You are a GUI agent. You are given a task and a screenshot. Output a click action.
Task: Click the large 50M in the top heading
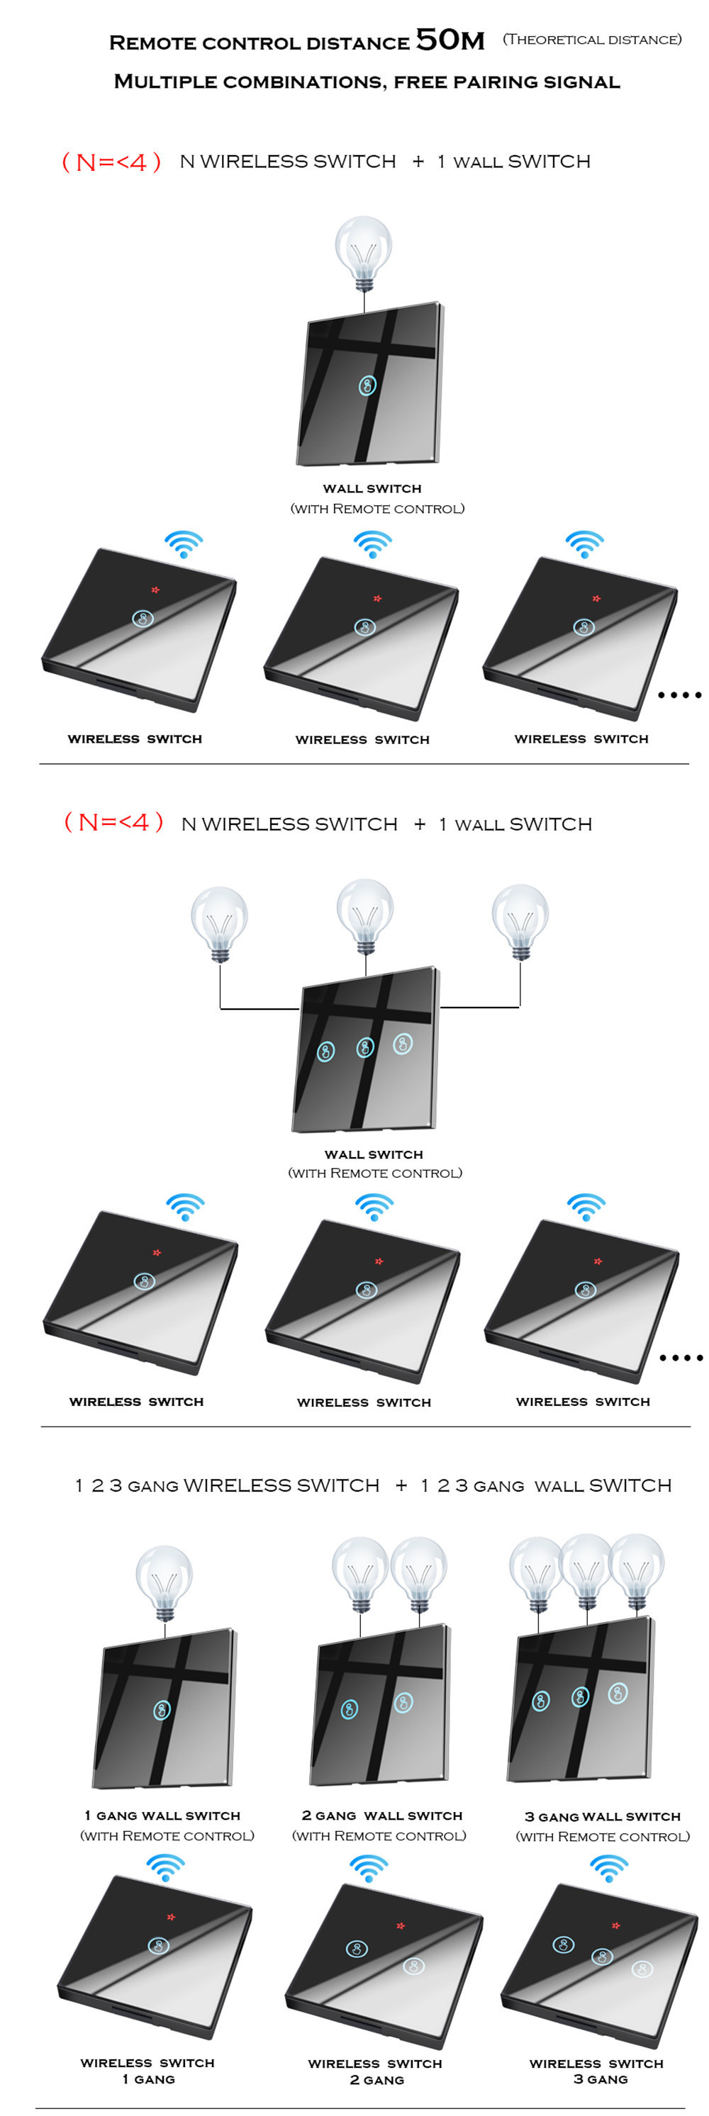pyautogui.click(x=450, y=40)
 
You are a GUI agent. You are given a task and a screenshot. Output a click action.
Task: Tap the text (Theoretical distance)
pyautogui.click(x=591, y=40)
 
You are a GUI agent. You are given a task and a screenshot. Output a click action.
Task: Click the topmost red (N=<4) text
pyautogui.click(x=111, y=162)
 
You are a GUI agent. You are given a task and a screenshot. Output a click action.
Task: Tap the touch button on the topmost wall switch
pyautogui.click(x=367, y=386)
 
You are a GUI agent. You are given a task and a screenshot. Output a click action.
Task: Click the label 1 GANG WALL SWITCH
pyautogui.click(x=162, y=1816)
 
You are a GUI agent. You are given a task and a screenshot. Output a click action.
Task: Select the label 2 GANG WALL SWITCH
pyautogui.click(x=381, y=1816)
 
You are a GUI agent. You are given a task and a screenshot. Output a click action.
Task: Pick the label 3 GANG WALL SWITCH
pyautogui.click(x=602, y=1816)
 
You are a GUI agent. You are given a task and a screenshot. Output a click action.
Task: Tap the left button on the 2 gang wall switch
pyautogui.click(x=349, y=1709)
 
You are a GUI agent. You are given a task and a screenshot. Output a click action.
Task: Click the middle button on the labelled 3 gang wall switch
pyautogui.click(x=581, y=1696)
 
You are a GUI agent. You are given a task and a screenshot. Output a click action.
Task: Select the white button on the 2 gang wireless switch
pyautogui.click(x=413, y=1966)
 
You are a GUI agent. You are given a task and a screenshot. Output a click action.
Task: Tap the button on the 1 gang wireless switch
pyautogui.click(x=159, y=1945)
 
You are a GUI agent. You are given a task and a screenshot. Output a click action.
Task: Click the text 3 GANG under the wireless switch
pyautogui.click(x=601, y=2079)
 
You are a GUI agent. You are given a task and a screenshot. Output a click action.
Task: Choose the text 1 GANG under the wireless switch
pyautogui.click(x=149, y=2079)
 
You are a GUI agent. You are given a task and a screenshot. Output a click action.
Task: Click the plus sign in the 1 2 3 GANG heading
pyautogui.click(x=401, y=1485)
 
